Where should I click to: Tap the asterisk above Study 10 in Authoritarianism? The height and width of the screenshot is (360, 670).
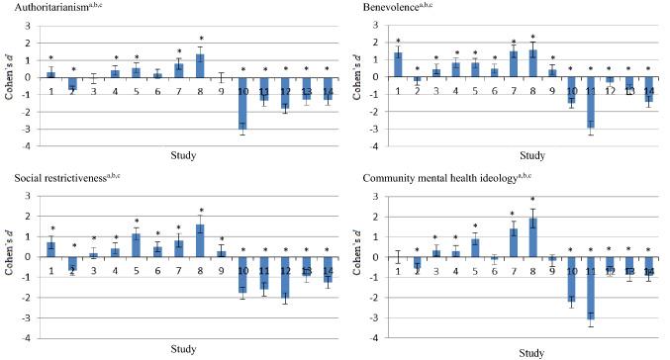point(243,69)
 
